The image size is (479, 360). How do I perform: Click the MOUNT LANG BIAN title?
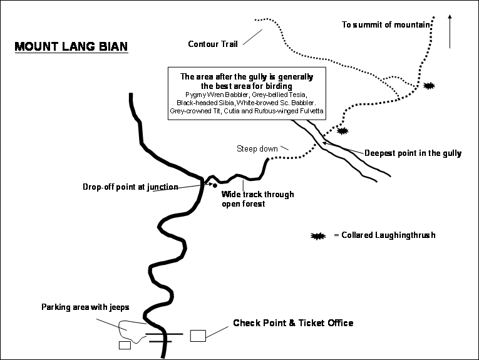click(x=71, y=47)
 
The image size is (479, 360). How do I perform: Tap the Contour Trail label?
click(x=213, y=44)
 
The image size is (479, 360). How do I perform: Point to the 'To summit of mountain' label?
click(x=386, y=25)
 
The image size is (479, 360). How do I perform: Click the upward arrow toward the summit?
click(x=450, y=31)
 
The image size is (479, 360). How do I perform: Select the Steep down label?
click(x=257, y=148)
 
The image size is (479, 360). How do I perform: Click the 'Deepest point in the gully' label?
click(x=413, y=153)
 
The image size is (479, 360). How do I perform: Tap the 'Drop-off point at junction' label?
click(x=130, y=187)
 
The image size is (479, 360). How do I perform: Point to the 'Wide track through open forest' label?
click(x=257, y=199)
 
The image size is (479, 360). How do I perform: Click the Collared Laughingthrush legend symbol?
click(x=319, y=235)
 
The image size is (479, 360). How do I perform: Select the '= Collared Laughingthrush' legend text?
click(x=384, y=235)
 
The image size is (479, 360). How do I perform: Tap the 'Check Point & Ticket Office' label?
click(x=293, y=323)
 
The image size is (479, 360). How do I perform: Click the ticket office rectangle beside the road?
click(x=198, y=335)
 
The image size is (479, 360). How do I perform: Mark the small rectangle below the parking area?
click(x=124, y=345)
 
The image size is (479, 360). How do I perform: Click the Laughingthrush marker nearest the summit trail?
click(x=429, y=85)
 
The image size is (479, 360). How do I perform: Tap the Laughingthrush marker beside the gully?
click(x=342, y=131)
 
